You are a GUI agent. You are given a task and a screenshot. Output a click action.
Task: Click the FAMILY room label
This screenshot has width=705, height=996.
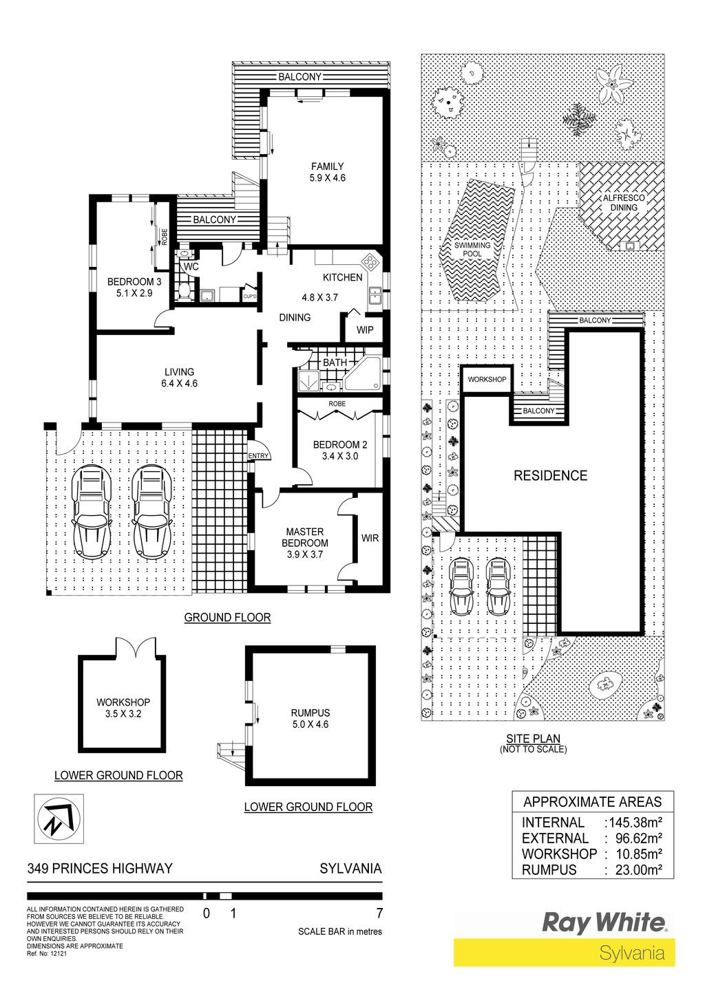[x=327, y=166]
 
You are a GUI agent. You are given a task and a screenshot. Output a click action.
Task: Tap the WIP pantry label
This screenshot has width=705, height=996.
[x=365, y=330]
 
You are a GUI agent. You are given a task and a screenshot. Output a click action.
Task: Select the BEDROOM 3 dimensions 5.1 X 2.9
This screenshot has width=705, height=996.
[x=134, y=293]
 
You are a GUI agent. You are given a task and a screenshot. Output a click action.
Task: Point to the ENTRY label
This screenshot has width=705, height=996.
[x=259, y=455]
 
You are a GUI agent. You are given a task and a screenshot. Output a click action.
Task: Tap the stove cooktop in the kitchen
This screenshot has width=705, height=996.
[x=371, y=261]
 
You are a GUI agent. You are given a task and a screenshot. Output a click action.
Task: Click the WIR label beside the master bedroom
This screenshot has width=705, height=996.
[x=370, y=538]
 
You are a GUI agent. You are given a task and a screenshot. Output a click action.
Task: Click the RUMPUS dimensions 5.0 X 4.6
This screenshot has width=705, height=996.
[x=311, y=724]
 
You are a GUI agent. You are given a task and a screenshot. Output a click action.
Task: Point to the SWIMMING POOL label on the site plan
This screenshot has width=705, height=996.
[x=472, y=249]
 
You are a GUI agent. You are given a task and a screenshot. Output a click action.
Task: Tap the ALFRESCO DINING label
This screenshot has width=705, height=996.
[x=624, y=203]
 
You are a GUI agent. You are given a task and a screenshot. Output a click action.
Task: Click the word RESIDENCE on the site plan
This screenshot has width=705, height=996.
[x=551, y=476]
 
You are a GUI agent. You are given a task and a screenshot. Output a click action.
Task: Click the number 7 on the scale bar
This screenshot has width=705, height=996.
[x=379, y=913]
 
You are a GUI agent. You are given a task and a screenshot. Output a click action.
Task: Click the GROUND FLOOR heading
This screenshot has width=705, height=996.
[x=227, y=617]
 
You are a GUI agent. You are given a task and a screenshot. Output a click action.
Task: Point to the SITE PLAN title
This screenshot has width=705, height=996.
[x=533, y=739]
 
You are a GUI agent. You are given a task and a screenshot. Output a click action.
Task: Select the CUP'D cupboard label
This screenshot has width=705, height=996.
[x=250, y=296]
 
